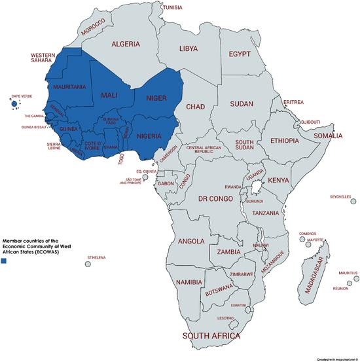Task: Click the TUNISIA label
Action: click(173, 7)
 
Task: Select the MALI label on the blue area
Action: click(109, 96)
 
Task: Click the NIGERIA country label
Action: click(152, 136)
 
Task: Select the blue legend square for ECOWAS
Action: click(5, 261)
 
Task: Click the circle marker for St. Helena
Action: click(88, 264)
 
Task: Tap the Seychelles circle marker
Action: click(353, 202)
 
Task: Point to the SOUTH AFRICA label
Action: click(211, 335)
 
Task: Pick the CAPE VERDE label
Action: click(21, 96)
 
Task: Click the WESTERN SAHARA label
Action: click(47, 58)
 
